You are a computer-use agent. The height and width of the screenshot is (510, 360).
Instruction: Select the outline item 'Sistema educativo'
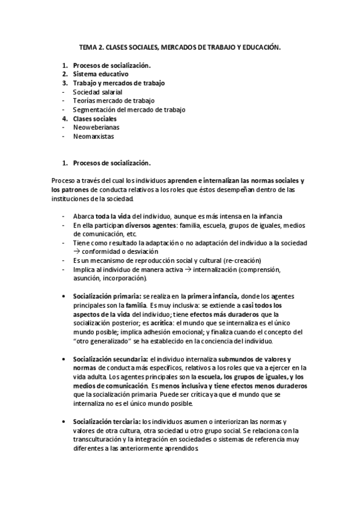pos(100,74)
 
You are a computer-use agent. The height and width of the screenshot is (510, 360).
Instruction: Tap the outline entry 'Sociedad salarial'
pos(97,92)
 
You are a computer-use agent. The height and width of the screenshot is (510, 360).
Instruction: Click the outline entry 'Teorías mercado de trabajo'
pos(114,101)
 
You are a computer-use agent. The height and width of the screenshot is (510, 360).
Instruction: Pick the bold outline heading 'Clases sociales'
pos(95,118)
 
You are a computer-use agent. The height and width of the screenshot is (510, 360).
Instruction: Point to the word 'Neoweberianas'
pos(94,127)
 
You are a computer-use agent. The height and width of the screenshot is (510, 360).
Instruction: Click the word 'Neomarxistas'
pos(93,137)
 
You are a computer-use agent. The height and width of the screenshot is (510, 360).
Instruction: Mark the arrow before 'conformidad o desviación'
pos(76,251)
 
